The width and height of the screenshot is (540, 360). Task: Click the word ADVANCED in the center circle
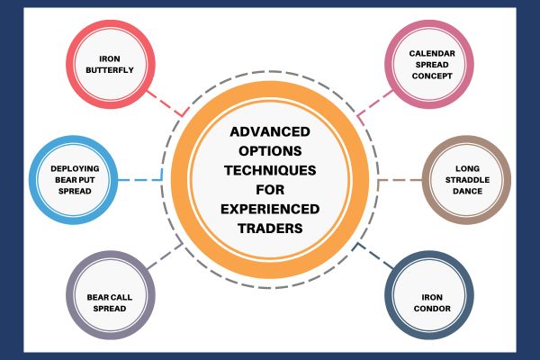coord(270,132)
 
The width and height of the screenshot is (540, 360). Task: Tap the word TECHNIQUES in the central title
coord(270,170)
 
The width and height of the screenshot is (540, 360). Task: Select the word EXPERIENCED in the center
coord(270,209)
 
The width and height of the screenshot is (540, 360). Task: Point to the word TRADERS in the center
coord(270,229)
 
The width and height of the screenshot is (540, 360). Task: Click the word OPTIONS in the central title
coord(270,151)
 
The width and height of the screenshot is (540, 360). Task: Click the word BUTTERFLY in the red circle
coord(110,70)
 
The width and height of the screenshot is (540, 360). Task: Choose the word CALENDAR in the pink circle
coord(432,54)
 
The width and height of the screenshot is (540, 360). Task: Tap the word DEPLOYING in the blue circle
coord(75,169)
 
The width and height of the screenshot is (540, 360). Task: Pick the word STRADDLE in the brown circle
coord(467,180)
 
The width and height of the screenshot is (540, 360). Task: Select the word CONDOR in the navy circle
coord(432,309)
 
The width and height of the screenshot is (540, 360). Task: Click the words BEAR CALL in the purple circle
coord(110,297)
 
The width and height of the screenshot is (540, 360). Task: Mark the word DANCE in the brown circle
coord(467,191)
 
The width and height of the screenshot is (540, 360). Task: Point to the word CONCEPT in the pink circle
coord(432,76)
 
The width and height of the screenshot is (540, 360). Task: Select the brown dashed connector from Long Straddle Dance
coord(400,180)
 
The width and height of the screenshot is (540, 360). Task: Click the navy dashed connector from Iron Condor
coord(375,256)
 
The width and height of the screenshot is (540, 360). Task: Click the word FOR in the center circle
coord(270,190)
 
